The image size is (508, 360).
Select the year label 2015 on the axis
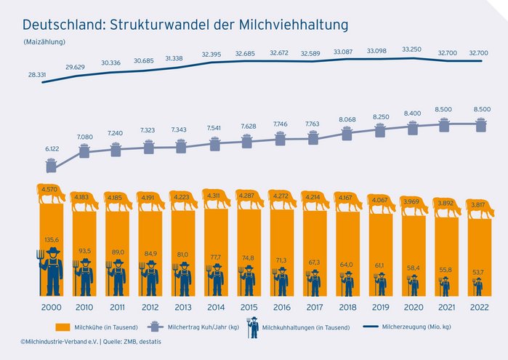(x=249, y=308)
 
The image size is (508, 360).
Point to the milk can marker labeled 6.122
(x=52, y=165)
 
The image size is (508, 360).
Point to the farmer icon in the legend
(x=253, y=327)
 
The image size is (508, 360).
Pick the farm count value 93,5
(x=84, y=250)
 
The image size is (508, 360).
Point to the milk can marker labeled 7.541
(x=216, y=143)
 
